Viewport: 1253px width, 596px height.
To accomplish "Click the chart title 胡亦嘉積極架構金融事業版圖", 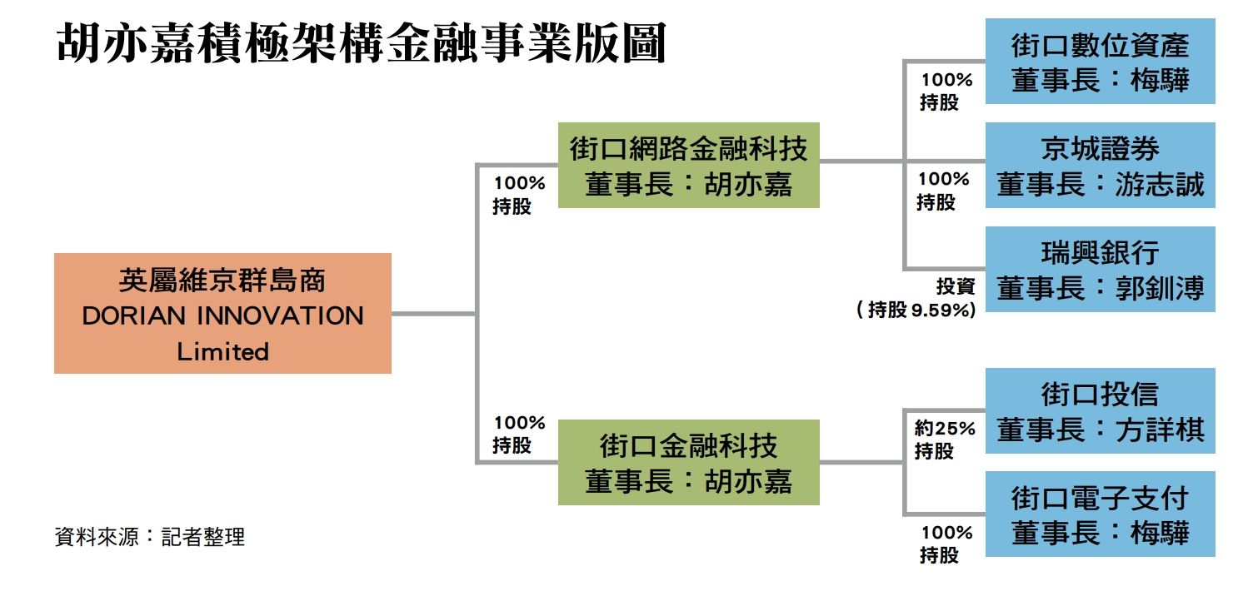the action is (x=361, y=43).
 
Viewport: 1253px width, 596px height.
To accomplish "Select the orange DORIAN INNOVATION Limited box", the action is (x=222, y=313).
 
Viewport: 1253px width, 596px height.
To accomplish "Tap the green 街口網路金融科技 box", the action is (x=689, y=165).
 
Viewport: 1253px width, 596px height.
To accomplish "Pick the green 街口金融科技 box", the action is (x=689, y=462).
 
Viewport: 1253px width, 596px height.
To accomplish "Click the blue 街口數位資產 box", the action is (x=1100, y=61).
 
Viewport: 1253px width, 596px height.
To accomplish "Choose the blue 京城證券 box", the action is (x=1100, y=165).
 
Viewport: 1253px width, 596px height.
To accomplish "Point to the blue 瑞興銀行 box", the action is (x=1100, y=269).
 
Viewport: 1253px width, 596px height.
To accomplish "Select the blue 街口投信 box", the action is (x=1100, y=410).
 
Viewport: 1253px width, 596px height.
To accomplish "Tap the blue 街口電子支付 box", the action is (x=1100, y=514).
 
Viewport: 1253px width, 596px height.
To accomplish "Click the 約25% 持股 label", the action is (x=945, y=440).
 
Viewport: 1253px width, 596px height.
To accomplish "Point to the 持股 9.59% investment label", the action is (x=916, y=309).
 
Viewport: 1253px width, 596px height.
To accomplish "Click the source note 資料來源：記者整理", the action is (x=150, y=537).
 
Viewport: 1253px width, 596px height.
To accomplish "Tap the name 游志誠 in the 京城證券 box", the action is (x=1159, y=185).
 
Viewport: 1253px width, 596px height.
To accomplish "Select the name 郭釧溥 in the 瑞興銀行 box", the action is (x=1159, y=289).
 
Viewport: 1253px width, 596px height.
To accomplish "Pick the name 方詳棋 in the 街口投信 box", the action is (x=1159, y=430).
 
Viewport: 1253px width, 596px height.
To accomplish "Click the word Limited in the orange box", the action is (x=222, y=351).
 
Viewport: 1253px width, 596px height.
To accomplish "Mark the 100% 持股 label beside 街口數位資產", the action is (x=946, y=91).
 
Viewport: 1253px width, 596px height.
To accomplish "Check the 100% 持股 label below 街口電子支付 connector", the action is (x=946, y=544).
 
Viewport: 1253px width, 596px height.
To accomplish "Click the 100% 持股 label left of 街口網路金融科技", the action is (x=518, y=195).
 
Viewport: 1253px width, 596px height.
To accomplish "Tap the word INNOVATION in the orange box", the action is (x=281, y=315).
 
